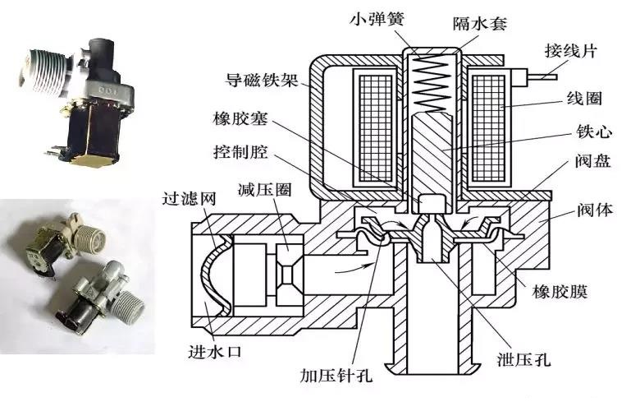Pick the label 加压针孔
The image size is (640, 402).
(337, 378)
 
